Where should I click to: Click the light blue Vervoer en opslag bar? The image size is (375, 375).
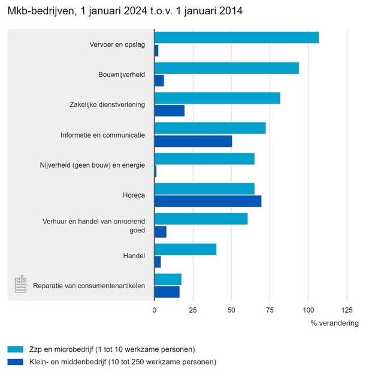tap(237, 38)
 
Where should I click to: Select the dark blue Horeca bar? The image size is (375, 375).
tap(208, 201)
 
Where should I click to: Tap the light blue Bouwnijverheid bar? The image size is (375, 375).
tap(226, 68)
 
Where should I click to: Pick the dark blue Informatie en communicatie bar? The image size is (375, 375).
tap(193, 141)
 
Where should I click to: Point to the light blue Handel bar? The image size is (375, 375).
tap(185, 249)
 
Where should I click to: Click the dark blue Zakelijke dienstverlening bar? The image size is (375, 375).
tap(170, 111)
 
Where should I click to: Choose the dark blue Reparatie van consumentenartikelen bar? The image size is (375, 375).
tap(167, 292)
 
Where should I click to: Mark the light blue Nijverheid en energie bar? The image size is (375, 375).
tap(204, 159)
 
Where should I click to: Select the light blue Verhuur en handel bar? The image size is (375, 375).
tap(201, 219)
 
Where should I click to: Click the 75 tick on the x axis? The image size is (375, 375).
tap(270, 310)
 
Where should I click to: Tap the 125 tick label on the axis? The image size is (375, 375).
tap(346, 310)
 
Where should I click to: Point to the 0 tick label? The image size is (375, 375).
tap(155, 310)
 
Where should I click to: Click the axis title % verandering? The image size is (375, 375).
tap(334, 323)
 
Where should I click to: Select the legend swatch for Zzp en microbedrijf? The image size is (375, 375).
tap(15, 349)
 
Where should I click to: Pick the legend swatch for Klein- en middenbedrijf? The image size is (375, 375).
tap(15, 362)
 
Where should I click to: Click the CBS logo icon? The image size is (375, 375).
tap(21, 284)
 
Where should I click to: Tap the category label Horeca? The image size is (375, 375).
tap(133, 195)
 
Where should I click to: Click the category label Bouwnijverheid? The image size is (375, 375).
tap(122, 75)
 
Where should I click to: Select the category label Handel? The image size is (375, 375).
tap(133, 256)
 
